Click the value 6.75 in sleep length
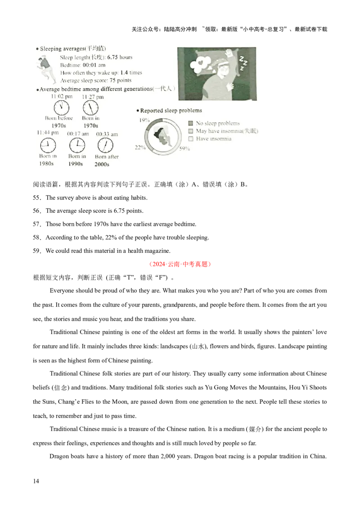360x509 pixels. [112, 58]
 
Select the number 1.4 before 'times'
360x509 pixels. [124, 73]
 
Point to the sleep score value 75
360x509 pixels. [111, 80]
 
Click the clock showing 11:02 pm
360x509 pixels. [61, 108]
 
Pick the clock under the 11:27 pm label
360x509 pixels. [90, 108]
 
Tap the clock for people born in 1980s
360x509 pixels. [48, 145]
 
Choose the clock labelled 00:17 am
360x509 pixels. [77, 145]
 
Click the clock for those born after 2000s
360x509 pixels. [106, 145]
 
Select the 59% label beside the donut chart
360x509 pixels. [184, 149]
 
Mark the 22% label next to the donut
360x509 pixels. [140, 147]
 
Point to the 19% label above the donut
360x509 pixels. [144, 120]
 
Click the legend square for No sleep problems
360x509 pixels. [190, 123]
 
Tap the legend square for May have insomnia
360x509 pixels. [190, 131]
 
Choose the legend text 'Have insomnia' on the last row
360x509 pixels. [214, 139]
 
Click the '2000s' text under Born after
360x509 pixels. [102, 165]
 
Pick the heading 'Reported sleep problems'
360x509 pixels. [171, 111]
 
